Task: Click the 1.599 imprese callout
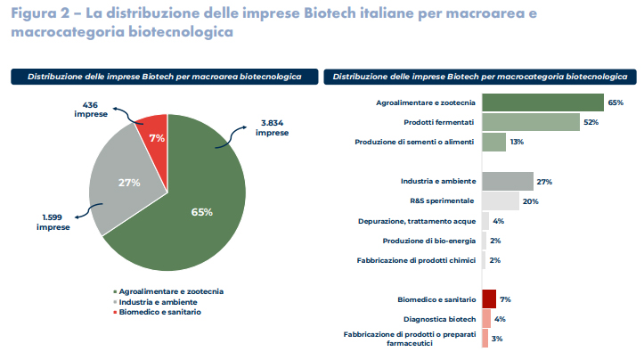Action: (53, 223)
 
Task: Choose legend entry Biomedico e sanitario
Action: (161, 311)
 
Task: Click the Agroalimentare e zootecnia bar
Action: (542, 102)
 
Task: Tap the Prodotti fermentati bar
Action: (530, 122)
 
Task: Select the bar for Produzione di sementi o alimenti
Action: (493, 142)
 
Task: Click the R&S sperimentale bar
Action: (501, 200)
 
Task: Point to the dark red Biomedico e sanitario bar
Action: (489, 299)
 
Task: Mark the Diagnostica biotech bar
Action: (486, 318)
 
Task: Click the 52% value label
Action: (590, 122)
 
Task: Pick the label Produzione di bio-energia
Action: (427, 241)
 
